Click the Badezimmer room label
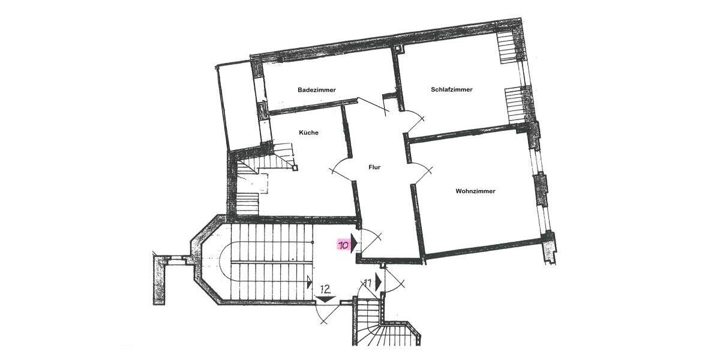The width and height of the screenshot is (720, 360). click(x=317, y=90)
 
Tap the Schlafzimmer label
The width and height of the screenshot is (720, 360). click(x=451, y=89)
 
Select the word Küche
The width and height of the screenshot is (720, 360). click(x=308, y=133)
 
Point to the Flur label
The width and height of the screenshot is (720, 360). click(x=376, y=168)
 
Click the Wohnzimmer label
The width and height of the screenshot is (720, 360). click(x=475, y=191)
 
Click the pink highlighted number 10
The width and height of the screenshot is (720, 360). click(x=344, y=245)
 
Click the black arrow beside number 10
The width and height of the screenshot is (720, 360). click(x=354, y=243)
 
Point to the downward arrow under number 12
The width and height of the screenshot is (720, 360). click(x=325, y=298)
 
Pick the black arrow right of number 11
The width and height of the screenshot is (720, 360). click(x=379, y=282)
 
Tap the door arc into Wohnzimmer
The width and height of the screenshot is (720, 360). click(x=424, y=172)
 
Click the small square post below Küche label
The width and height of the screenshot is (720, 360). click(x=295, y=168)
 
